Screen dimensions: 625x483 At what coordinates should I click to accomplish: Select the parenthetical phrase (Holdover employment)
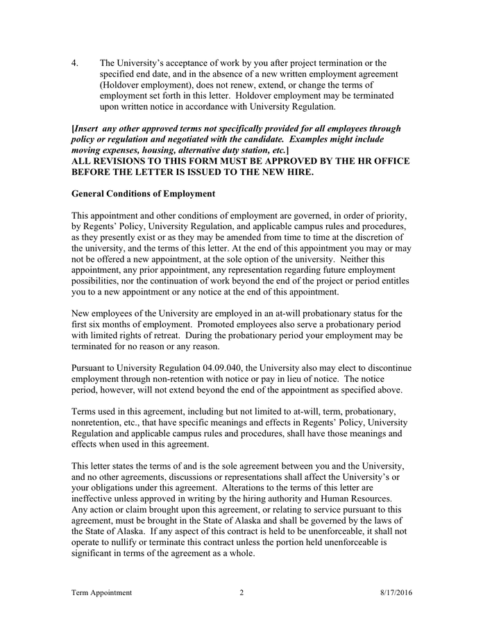point(142,85)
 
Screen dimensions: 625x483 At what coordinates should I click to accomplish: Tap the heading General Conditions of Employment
point(143,193)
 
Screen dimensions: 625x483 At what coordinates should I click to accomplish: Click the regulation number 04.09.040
point(212,367)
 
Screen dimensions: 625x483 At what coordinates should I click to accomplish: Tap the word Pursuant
point(92,367)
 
